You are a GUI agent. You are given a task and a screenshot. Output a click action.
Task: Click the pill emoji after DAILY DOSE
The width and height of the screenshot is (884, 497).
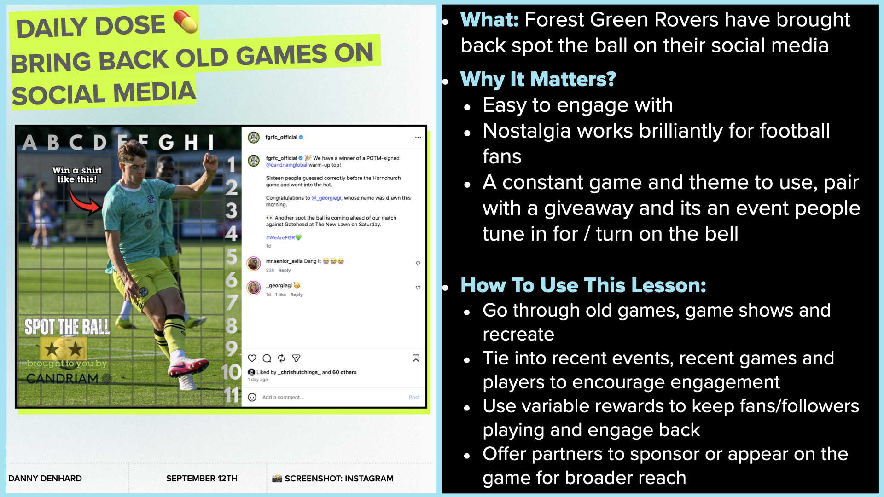186,22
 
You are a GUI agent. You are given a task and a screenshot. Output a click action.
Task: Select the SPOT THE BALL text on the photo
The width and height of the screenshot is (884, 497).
67,327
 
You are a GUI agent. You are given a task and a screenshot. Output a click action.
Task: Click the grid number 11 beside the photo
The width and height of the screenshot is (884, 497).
232,395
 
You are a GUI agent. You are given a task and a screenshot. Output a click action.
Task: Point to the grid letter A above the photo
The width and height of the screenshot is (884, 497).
30,143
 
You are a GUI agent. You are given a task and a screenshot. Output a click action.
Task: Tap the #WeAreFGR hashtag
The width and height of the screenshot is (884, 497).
280,237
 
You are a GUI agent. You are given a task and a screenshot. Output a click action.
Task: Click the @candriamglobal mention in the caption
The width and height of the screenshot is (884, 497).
286,165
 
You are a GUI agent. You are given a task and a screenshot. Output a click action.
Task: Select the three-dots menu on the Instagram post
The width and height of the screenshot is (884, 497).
418,138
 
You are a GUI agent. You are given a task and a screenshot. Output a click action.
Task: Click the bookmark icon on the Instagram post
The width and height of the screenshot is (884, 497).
416,358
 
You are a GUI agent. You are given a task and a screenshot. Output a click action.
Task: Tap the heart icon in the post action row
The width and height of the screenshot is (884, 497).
252,358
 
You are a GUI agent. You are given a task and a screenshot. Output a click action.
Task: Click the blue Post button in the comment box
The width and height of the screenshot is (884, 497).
414,397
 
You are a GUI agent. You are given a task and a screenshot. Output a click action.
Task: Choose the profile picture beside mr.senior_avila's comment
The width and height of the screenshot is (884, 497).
254,264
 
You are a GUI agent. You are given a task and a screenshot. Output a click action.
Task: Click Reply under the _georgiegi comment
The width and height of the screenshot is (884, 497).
297,295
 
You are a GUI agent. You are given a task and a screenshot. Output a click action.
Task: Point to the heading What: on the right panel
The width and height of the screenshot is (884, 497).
489,20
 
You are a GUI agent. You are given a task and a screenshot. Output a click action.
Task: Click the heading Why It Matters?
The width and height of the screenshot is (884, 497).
538,79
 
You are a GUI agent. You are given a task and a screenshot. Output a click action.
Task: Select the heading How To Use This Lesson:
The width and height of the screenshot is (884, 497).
583,285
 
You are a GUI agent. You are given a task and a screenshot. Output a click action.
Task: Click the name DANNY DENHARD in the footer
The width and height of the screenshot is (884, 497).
45,479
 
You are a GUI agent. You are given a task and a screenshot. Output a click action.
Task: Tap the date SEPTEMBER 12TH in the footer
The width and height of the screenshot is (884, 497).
202,479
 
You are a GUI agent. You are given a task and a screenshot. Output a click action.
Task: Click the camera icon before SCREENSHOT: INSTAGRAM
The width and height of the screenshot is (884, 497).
277,479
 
